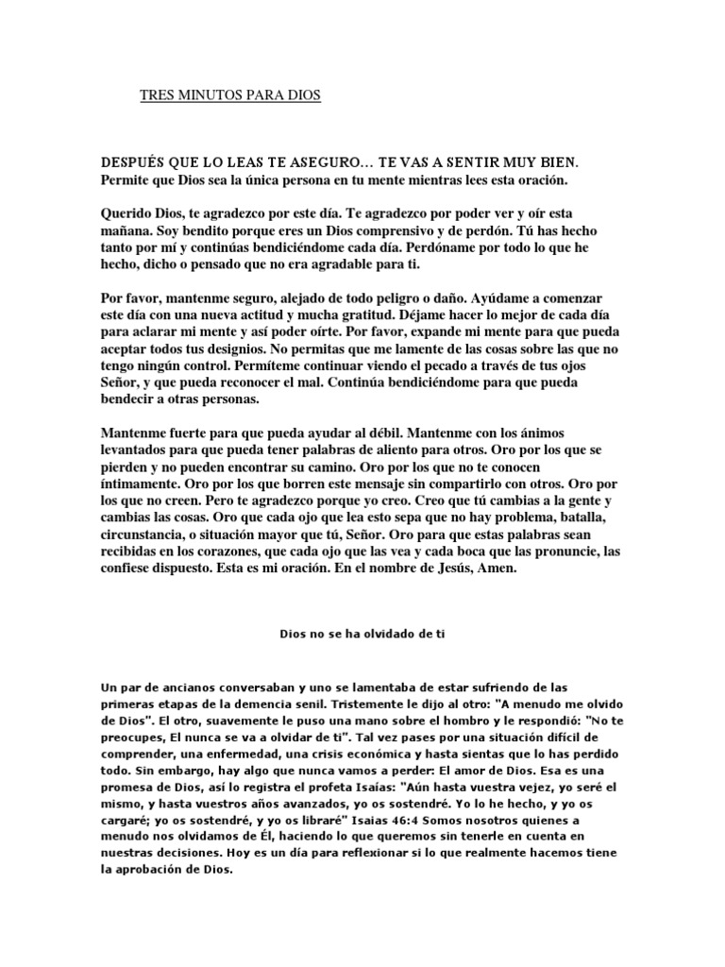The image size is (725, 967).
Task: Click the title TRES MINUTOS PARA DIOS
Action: click(230, 96)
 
